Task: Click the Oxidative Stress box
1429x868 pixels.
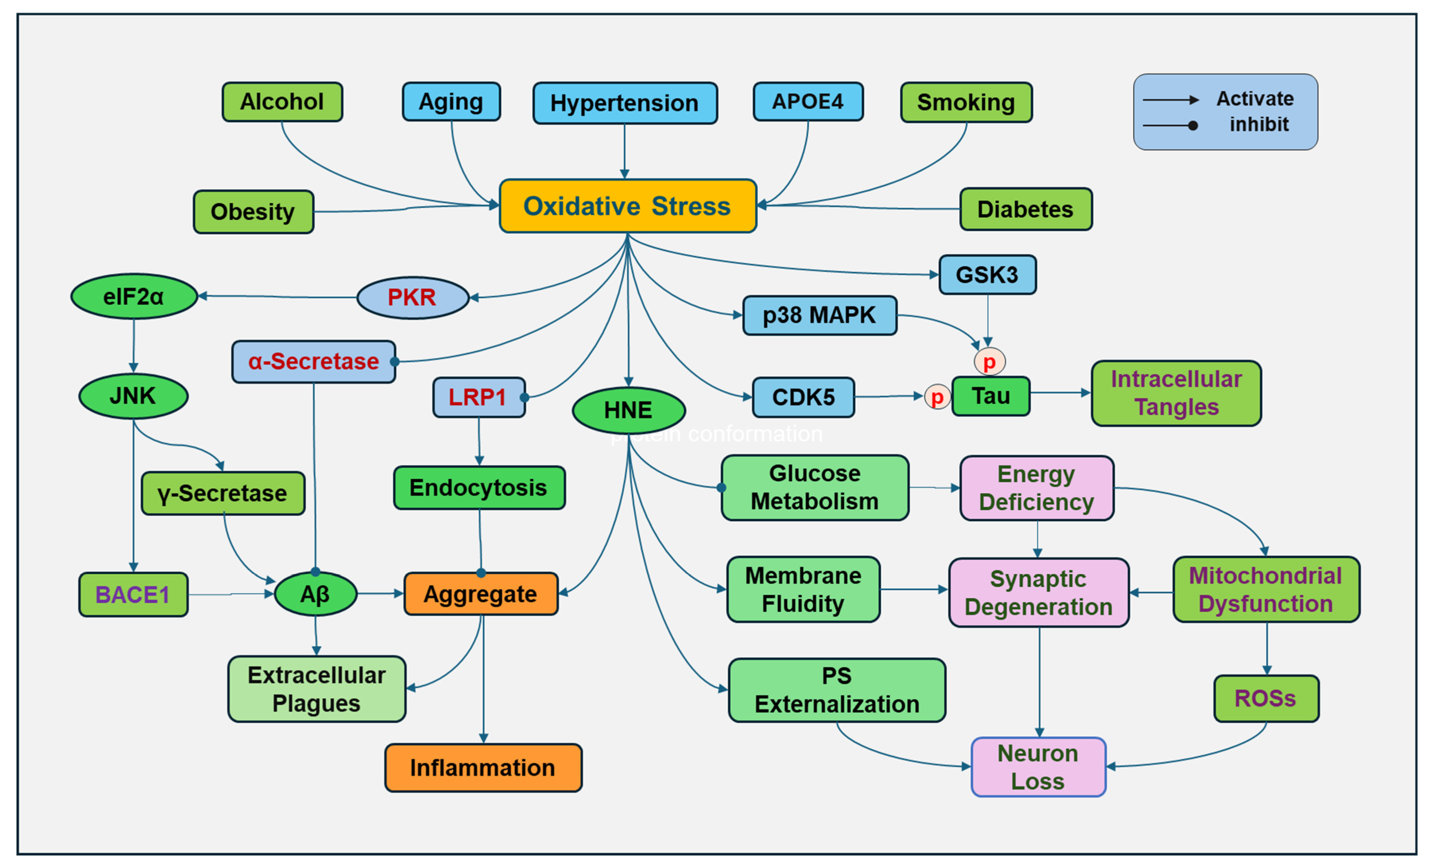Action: click(x=628, y=206)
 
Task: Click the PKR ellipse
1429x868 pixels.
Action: click(x=412, y=297)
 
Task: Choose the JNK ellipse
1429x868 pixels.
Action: click(x=133, y=396)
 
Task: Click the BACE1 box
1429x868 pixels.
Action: click(x=133, y=594)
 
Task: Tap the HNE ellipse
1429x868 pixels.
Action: click(x=628, y=410)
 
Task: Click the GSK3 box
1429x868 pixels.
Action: click(x=987, y=275)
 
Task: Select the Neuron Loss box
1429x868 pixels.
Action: click(x=1038, y=767)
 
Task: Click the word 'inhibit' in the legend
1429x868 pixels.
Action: click(x=1259, y=125)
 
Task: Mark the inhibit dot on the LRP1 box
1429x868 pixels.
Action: click(x=524, y=397)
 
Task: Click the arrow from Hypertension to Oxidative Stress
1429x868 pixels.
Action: click(x=625, y=151)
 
